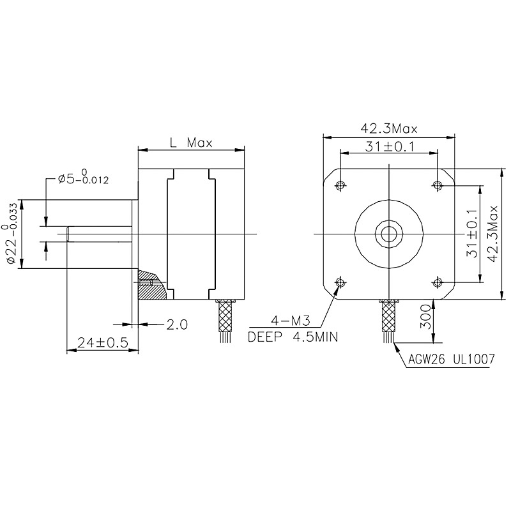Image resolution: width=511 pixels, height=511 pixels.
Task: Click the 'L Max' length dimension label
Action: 191,142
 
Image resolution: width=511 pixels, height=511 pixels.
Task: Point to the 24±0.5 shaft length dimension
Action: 102,342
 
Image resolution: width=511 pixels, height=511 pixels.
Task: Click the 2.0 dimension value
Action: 177,324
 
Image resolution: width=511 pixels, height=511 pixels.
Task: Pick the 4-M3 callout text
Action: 291,322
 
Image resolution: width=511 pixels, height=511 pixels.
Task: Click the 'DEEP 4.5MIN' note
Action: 293,337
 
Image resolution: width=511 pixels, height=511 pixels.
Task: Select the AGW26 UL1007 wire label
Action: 452,359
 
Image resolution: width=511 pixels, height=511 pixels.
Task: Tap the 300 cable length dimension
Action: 425,317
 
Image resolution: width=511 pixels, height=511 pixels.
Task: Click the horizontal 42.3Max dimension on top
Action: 389,129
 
